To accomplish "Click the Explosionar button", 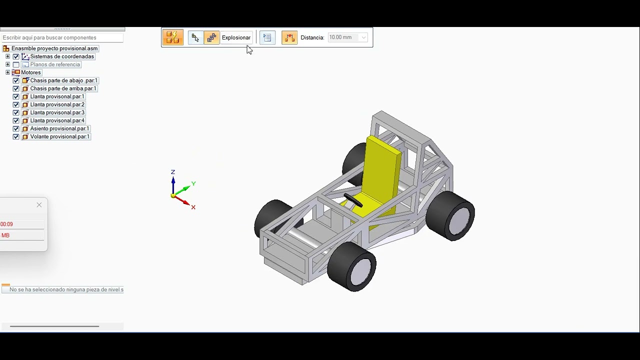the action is (x=236, y=37).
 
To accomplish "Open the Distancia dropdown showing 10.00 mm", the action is (x=363, y=37).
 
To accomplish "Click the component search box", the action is (x=62, y=37).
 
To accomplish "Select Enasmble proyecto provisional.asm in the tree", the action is (x=54, y=48).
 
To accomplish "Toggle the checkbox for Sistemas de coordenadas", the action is (x=16, y=56).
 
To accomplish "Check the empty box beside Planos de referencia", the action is (x=16, y=64).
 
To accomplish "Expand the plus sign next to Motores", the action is (x=7, y=72).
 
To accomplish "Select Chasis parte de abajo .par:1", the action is (x=63, y=80).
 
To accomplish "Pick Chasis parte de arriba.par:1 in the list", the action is (x=63, y=88).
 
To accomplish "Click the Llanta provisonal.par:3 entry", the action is (x=57, y=112).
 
